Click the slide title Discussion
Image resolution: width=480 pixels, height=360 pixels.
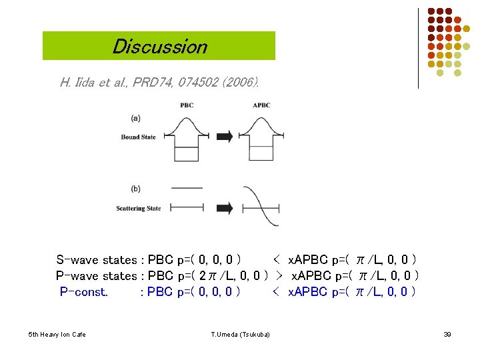[159, 47]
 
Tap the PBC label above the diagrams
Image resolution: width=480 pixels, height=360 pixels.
[187, 105]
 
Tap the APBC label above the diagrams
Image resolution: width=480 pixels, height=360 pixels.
[261, 105]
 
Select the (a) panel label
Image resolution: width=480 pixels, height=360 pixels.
[135, 118]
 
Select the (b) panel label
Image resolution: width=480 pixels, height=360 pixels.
[135, 189]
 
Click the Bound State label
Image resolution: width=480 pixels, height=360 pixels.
[138, 137]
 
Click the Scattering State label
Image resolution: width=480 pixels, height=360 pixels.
[138, 209]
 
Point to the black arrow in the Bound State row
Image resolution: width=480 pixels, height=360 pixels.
[226, 137]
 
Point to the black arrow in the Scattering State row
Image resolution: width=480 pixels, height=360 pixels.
[226, 207]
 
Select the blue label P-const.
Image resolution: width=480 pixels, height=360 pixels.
[84, 292]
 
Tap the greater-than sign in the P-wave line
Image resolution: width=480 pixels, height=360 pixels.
[280, 276]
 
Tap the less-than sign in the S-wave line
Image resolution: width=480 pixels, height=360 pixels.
[277, 260]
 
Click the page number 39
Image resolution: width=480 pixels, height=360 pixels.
[447, 334]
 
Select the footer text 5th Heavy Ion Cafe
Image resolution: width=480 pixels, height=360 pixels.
[57, 334]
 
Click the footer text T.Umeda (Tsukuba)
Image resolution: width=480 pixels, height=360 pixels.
[240, 334]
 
